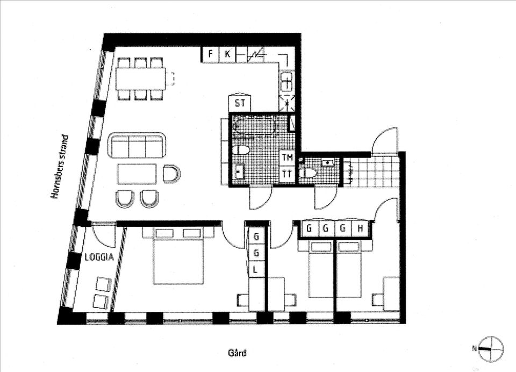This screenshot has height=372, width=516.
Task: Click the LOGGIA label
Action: (x=99, y=257)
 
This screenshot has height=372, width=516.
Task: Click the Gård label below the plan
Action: (x=237, y=353)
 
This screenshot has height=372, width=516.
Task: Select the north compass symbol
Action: (x=491, y=348)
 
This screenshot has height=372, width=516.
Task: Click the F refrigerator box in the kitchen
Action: (x=211, y=53)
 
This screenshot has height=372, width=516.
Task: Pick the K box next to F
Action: (x=227, y=53)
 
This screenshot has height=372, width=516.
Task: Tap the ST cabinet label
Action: (x=240, y=103)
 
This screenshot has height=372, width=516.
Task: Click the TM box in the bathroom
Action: (x=288, y=157)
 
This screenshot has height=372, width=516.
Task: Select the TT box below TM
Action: (x=288, y=174)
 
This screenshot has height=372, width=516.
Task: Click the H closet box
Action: (x=361, y=228)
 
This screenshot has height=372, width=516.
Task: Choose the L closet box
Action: (x=256, y=268)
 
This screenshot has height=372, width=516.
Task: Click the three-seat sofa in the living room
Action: (x=137, y=146)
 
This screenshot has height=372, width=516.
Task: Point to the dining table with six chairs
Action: (x=141, y=79)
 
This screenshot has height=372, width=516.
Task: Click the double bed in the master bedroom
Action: (x=178, y=259)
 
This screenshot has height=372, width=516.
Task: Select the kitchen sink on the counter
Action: (x=286, y=83)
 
